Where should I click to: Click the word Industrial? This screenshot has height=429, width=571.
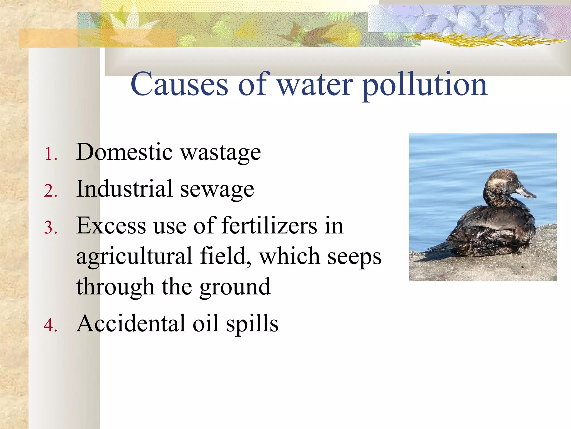(x=124, y=189)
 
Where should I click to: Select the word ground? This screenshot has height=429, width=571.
(x=235, y=288)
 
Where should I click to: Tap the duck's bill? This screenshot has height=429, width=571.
(x=526, y=192)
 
